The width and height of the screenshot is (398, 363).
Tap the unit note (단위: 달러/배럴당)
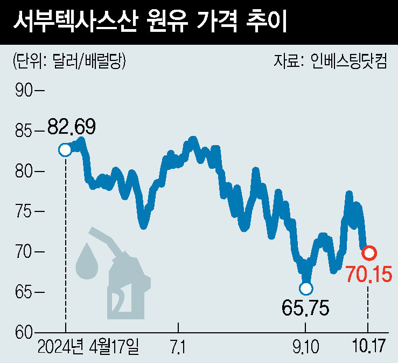[x=69, y=61]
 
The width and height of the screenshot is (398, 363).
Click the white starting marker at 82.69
[x=65, y=149]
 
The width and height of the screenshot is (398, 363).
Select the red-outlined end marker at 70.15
[x=369, y=252]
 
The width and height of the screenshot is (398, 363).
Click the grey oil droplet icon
[x=86, y=262]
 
